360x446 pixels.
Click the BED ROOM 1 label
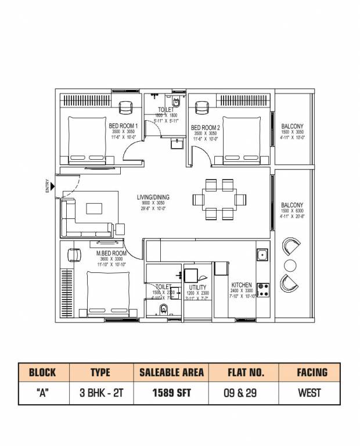(123, 127)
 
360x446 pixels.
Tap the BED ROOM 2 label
(205, 128)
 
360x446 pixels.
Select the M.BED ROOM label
(111, 254)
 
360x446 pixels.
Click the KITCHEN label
(242, 285)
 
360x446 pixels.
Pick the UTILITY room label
(198, 287)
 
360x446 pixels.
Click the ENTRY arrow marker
(53, 186)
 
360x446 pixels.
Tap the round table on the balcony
(290, 265)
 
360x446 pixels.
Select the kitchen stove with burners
(262, 289)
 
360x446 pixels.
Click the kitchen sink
(262, 254)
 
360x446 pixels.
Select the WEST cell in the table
(309, 393)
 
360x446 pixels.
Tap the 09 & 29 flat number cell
(242, 393)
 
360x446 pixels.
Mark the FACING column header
(309, 372)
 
